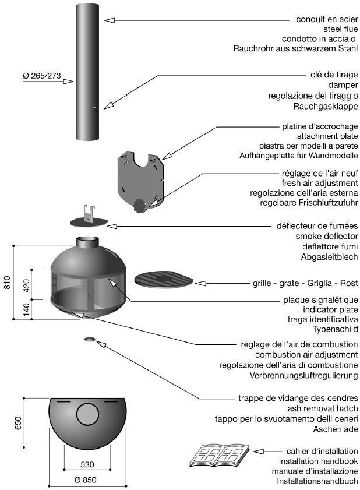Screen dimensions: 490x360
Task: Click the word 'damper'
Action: (x=343, y=84)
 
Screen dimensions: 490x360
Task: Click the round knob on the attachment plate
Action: (x=139, y=205)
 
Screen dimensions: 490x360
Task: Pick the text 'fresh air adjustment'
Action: (x=319, y=183)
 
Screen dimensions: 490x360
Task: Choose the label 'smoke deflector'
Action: (x=327, y=236)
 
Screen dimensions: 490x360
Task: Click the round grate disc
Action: (x=164, y=279)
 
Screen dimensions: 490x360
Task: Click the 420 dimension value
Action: (x=25, y=285)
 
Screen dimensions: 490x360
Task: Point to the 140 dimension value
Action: (x=25, y=309)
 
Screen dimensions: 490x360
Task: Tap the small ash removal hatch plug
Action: (x=90, y=339)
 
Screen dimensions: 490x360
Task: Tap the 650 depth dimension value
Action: (x=18, y=422)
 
